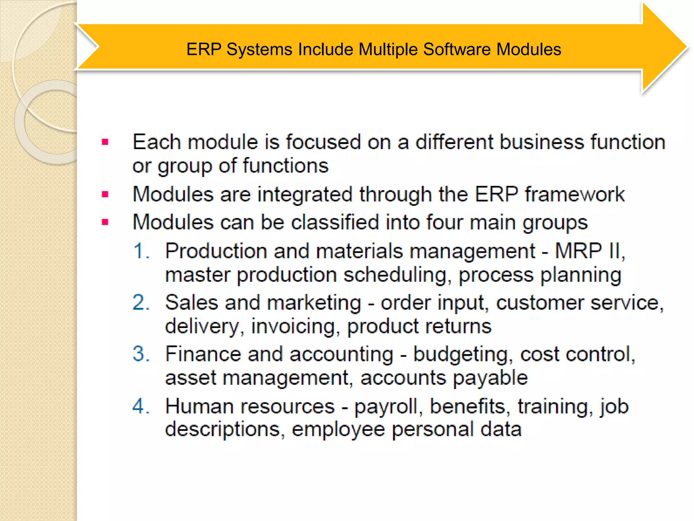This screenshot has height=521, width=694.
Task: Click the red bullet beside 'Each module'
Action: point(105,142)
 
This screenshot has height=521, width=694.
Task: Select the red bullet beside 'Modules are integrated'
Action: point(105,195)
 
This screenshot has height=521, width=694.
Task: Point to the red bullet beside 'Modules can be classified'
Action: point(105,223)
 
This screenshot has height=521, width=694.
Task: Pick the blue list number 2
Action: point(141,303)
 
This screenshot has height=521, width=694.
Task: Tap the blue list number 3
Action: point(141,354)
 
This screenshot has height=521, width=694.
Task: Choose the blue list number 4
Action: point(141,406)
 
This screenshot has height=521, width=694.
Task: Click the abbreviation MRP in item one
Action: point(578,251)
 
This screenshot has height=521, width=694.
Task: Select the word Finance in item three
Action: point(203,354)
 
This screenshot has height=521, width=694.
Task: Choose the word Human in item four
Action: point(199,406)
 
